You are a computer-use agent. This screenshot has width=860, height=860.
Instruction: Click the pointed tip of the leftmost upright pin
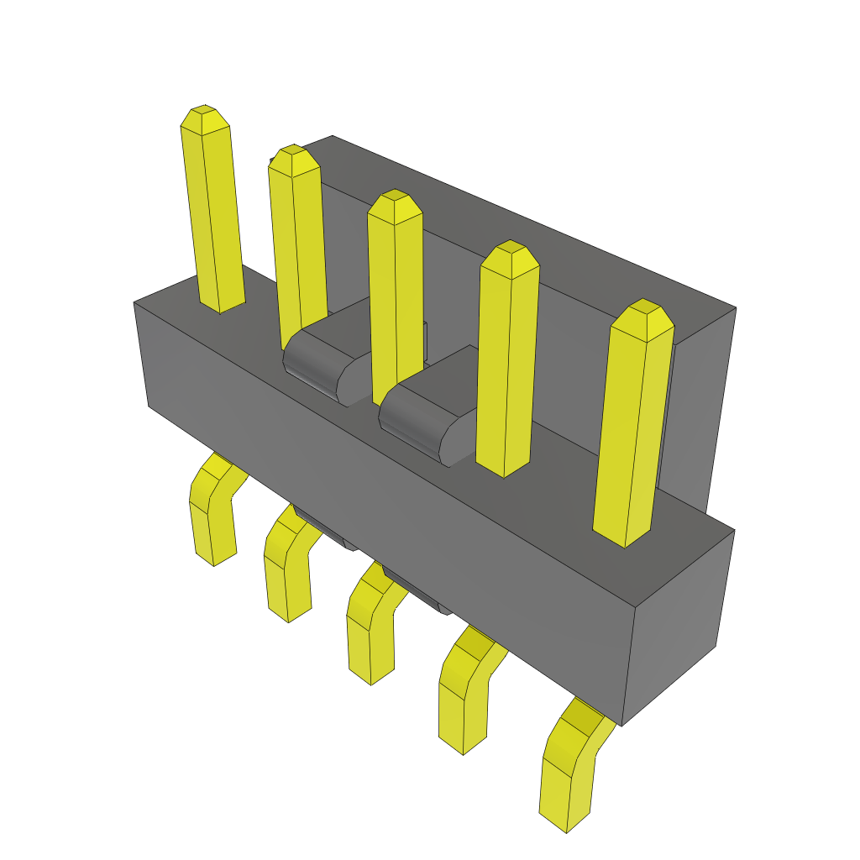point(205,118)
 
